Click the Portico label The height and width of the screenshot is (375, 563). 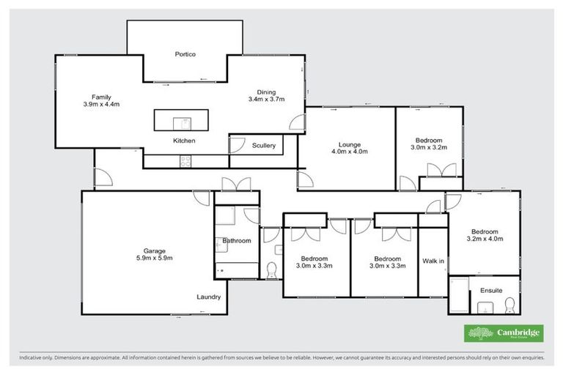tap(185, 54)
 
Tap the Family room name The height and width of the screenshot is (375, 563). tap(100, 97)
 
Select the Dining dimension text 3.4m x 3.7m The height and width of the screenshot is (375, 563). tap(266, 99)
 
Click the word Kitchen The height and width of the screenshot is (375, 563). tap(184, 140)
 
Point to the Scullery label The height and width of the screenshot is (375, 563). tap(264, 146)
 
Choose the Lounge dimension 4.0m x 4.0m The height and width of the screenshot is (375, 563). tap(349, 152)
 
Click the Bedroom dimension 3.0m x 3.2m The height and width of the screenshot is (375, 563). tap(429, 147)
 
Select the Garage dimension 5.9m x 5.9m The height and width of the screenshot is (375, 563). tap(154, 258)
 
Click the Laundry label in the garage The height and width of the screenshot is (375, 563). tap(208, 297)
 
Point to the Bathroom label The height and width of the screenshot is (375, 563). tap(237, 240)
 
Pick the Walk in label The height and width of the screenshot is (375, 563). tap(433, 261)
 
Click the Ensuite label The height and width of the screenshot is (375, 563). tap(491, 291)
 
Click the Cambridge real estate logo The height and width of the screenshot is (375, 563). tap(504, 333)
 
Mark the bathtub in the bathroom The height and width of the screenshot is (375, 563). tap(237, 270)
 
